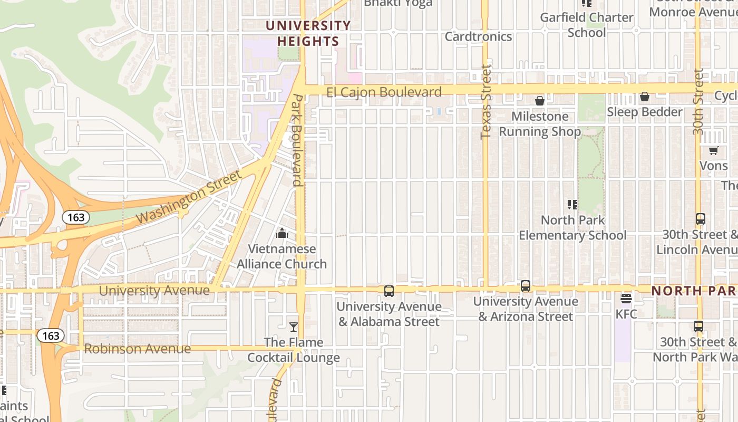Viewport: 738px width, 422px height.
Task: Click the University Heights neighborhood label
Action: (308, 33)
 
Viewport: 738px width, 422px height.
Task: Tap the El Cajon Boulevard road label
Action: (384, 92)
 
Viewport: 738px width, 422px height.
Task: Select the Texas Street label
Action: (485, 102)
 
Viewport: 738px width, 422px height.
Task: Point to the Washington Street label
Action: (189, 197)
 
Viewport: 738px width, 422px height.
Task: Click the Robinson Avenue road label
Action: (137, 349)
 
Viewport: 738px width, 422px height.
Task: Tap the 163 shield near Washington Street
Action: (76, 217)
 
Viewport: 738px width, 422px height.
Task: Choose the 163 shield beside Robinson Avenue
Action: (51, 335)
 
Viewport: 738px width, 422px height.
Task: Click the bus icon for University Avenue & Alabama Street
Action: (389, 291)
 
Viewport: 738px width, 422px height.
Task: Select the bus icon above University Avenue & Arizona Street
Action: (526, 286)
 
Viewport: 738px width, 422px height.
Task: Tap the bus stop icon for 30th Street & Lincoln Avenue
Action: (701, 219)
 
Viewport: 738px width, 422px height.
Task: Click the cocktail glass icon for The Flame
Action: (294, 327)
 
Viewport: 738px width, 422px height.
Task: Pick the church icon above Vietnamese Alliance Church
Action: (282, 233)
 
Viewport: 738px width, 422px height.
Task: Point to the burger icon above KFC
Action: (626, 299)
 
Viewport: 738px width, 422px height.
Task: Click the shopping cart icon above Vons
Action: (714, 151)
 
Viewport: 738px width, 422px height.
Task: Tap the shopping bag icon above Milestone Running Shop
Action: (540, 101)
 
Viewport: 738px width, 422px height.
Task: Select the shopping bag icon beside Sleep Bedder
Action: (644, 97)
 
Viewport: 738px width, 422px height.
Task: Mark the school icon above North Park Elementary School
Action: (572, 205)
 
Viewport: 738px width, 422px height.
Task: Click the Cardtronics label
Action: (478, 36)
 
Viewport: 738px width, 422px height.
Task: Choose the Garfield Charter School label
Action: (587, 25)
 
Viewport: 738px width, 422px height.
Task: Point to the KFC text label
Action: (626, 314)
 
